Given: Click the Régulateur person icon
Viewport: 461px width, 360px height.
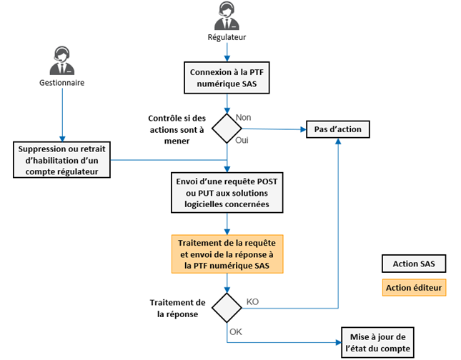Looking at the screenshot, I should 227,16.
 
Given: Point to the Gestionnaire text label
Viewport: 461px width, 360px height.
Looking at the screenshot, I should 61,83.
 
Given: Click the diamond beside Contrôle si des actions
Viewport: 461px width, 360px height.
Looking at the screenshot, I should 227,129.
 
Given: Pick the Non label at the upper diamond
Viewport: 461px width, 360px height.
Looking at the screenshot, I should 244,116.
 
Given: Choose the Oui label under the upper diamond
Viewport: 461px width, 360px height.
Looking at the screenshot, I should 242,141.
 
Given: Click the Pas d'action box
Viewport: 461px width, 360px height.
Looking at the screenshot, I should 338,129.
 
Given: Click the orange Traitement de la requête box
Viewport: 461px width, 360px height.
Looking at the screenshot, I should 227,254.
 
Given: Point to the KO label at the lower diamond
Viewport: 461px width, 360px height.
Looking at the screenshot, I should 252,301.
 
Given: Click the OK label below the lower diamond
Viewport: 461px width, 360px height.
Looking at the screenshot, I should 237,331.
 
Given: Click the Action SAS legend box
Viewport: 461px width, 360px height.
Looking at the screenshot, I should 414,264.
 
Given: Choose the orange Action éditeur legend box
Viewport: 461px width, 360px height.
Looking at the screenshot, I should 414,288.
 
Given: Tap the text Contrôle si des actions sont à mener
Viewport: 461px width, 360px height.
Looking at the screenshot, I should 176,129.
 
